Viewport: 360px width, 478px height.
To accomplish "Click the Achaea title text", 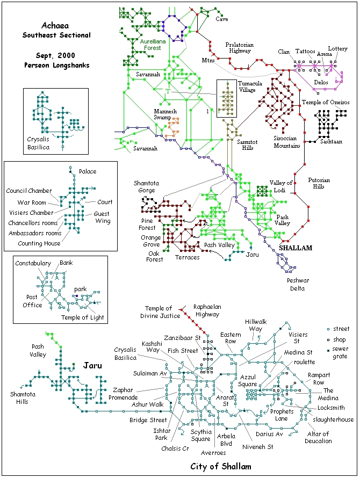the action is [x=55, y=25].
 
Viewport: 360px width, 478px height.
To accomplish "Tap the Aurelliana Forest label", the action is [x=153, y=45].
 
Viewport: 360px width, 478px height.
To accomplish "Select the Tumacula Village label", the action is [x=250, y=86].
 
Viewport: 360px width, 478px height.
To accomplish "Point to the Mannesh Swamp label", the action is [x=165, y=114].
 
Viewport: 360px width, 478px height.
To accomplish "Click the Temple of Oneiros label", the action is [x=326, y=102].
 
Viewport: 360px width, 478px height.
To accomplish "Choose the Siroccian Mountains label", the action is [x=286, y=142].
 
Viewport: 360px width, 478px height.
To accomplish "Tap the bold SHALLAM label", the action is [x=296, y=248].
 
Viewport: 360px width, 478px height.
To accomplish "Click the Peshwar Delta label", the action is [x=298, y=285].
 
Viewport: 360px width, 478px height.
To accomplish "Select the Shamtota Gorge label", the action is [x=146, y=186].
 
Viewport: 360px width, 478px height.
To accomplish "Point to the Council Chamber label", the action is [x=29, y=191].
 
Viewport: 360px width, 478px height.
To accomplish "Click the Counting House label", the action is [x=39, y=243].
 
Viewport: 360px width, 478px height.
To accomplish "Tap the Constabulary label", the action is [x=33, y=263].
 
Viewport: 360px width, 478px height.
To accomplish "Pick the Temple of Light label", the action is [x=82, y=317].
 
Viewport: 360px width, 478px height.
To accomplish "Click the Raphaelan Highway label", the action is [x=207, y=310].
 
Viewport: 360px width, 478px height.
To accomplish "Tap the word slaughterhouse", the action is [x=333, y=419].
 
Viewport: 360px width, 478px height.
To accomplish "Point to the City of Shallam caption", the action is [x=221, y=466].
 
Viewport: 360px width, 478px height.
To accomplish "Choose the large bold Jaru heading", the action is [x=92, y=365].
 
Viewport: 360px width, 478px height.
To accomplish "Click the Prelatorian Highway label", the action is [x=240, y=48].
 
